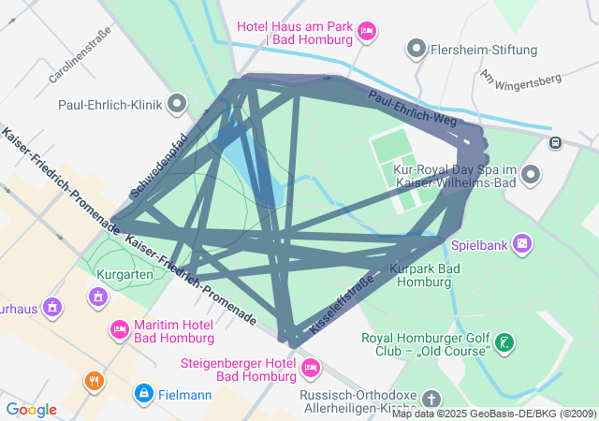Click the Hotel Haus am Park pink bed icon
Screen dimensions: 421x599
pos(367,33)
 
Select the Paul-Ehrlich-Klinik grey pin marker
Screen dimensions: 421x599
pos(175,105)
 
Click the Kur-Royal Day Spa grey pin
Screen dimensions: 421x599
pos(532,174)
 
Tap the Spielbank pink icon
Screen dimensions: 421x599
pos(522,245)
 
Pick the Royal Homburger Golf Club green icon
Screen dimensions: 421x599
pos(505,342)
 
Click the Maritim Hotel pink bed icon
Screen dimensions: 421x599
pos(120,329)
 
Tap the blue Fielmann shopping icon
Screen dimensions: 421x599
pos(142,394)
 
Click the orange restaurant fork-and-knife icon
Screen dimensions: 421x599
pos(95,382)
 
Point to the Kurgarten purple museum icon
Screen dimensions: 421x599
pos(97,298)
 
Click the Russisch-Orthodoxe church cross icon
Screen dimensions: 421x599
pos(431,399)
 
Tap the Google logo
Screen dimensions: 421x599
pos(31,410)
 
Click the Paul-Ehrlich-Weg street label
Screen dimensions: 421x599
pos(412,108)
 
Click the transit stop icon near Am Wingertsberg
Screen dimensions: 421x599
pos(556,143)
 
